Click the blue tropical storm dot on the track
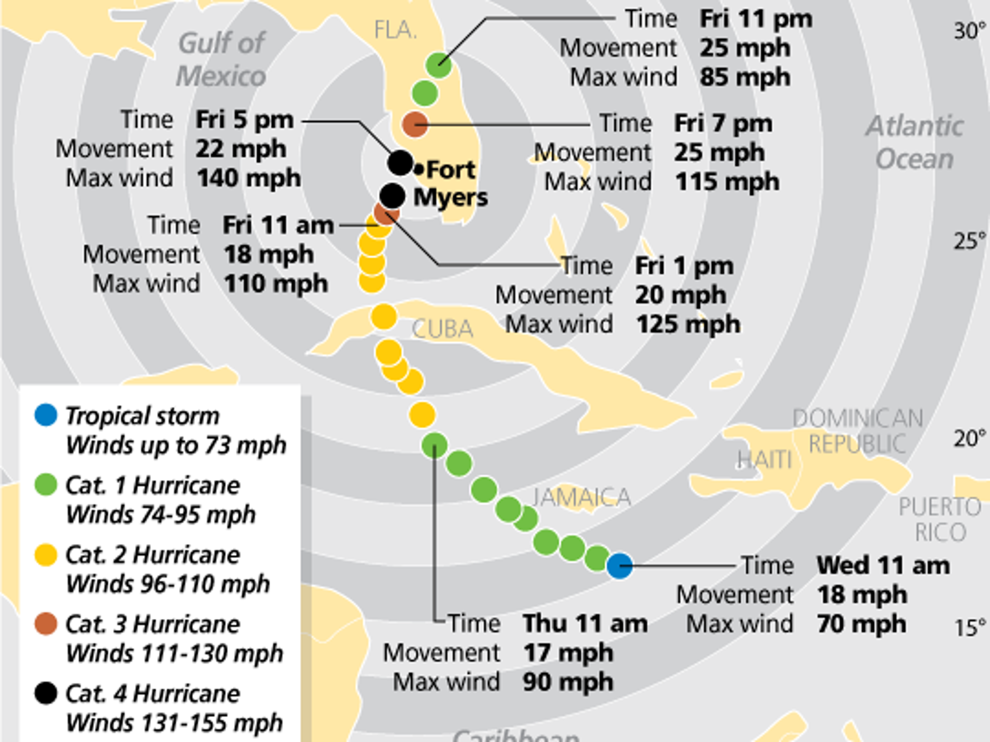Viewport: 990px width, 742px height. tap(620, 566)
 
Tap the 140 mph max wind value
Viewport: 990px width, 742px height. tap(248, 178)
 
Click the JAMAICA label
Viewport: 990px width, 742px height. tap(581, 497)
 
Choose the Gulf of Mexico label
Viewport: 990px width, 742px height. tap(221, 59)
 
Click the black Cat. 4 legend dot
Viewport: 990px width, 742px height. tap(45, 694)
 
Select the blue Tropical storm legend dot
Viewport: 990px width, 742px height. tap(45, 415)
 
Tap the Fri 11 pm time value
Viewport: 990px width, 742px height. tap(756, 19)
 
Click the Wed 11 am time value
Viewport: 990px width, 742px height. tap(883, 565)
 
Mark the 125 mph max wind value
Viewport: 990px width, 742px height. tap(688, 325)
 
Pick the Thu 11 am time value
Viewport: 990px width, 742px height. tap(585, 623)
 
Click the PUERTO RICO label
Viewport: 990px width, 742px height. tap(940, 520)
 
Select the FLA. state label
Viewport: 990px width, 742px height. tap(395, 30)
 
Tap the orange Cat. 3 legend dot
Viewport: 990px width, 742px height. tap(45, 624)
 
